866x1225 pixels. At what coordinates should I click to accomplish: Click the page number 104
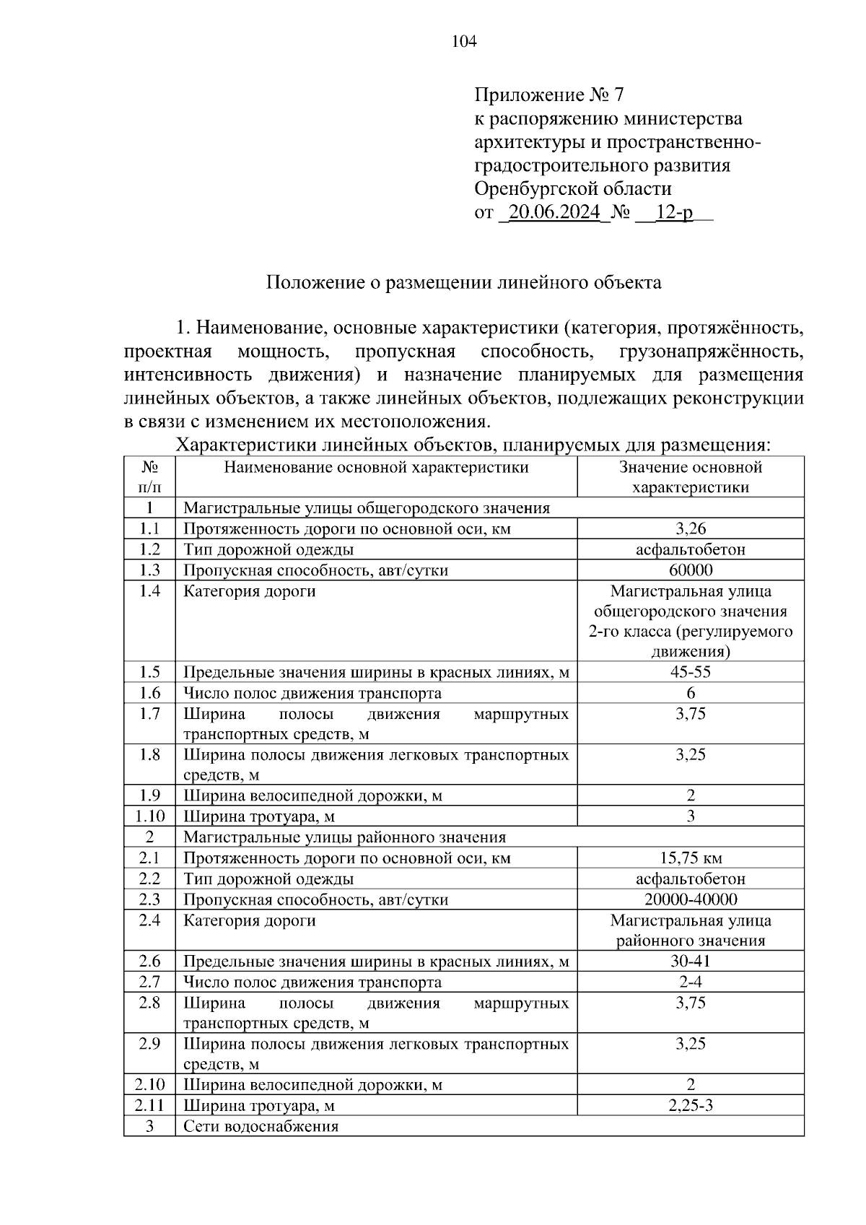tap(464, 42)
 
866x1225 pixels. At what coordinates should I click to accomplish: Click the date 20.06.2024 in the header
tap(554, 213)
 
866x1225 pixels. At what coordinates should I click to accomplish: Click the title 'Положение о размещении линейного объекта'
tap(463, 282)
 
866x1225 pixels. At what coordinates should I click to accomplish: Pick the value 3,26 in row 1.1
tap(690, 528)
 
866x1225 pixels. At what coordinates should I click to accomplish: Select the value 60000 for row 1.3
tap(690, 570)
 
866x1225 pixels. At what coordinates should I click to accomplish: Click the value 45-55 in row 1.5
tap(690, 672)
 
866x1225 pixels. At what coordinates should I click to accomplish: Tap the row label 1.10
tap(149, 816)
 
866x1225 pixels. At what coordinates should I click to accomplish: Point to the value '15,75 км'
tap(690, 858)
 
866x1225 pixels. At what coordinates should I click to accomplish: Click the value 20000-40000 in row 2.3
tap(690, 899)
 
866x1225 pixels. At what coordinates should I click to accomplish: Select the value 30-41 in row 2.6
tap(690, 962)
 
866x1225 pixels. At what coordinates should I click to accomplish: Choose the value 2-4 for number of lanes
tap(690, 982)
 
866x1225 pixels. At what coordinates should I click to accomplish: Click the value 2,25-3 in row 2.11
tap(690, 1106)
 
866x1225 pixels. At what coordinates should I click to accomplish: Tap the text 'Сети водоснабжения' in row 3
tap(261, 1127)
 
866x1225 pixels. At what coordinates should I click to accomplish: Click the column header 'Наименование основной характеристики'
tap(376, 468)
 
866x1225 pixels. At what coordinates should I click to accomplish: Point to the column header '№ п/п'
tap(149, 477)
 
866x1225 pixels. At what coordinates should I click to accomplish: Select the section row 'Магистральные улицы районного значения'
tap(344, 837)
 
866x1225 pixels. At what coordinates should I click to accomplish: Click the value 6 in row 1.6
tap(690, 693)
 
